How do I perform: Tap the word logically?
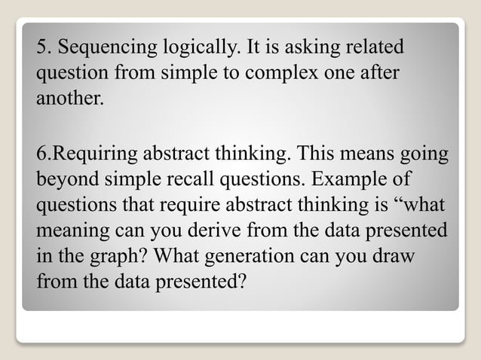click(198, 48)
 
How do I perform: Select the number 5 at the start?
click(41, 48)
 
